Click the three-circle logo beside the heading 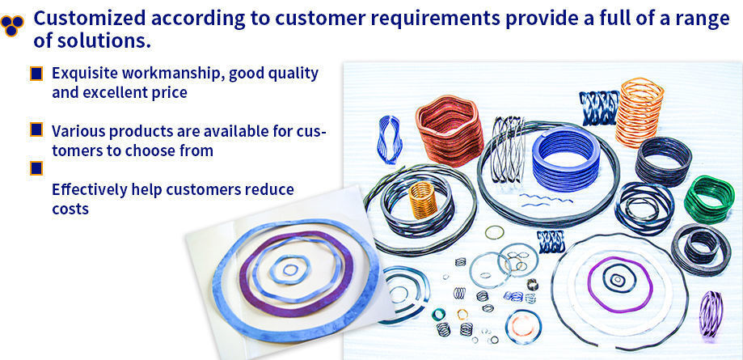(x=12, y=26)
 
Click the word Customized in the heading (x=89, y=19)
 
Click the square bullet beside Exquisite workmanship (x=36, y=74)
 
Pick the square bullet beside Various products (x=36, y=129)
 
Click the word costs (x=70, y=209)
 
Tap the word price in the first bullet (x=169, y=93)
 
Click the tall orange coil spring (x=640, y=112)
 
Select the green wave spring (x=709, y=199)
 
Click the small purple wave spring (x=711, y=314)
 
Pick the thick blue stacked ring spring (x=566, y=159)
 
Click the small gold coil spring (x=423, y=200)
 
